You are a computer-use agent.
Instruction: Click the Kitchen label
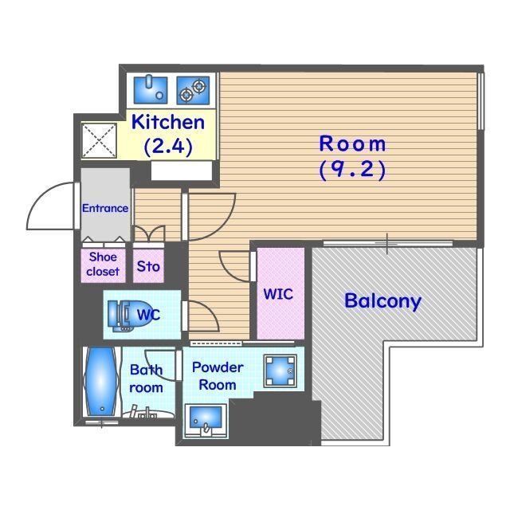168,122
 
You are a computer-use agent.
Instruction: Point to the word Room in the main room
352,144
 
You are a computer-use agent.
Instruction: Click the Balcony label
382,301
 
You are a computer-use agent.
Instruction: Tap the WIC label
278,294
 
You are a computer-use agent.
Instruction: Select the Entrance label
105,209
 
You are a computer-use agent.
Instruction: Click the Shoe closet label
103,264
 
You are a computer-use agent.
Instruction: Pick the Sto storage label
148,266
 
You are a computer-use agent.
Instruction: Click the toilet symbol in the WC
124,315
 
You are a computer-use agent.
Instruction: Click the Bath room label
146,379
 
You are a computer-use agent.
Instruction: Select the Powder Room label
218,376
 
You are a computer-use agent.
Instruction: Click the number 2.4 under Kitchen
168,147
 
